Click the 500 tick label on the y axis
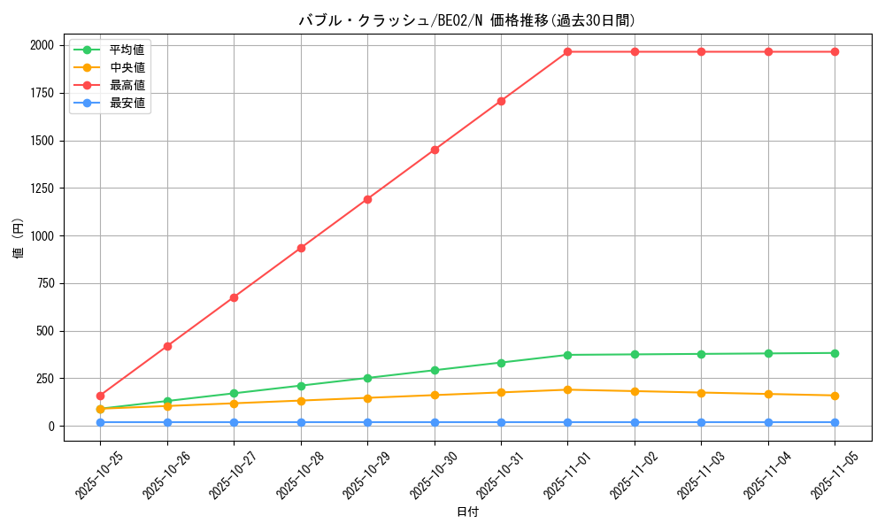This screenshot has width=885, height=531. [43, 331]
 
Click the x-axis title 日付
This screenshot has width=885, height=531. [467, 512]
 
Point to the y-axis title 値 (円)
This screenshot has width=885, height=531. [19, 239]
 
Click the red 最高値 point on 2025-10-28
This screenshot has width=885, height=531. [301, 248]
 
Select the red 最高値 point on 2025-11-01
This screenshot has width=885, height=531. [568, 51]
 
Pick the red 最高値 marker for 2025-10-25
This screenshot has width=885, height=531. [100, 396]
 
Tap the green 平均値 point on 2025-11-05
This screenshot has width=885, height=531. [835, 353]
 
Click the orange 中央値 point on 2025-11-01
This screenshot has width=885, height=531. [568, 389]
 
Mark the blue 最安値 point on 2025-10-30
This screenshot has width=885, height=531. [435, 422]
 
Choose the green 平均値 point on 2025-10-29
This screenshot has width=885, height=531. [367, 378]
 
